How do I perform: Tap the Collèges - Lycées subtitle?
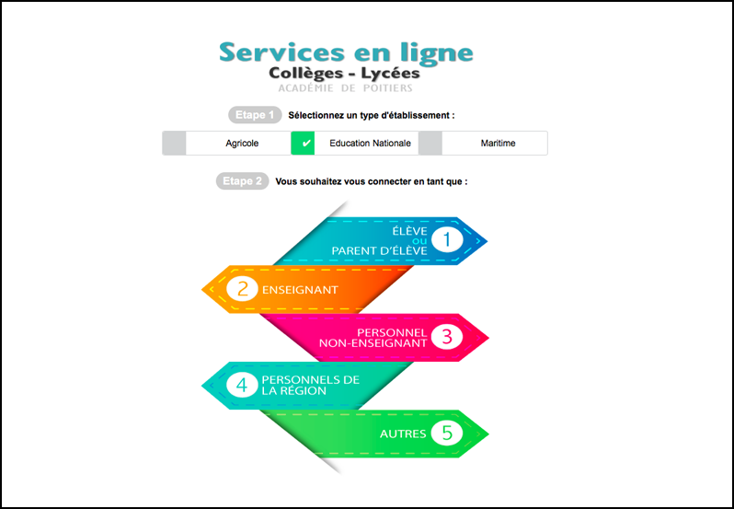(x=344, y=74)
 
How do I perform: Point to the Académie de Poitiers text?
(x=345, y=88)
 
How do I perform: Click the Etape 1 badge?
(x=255, y=115)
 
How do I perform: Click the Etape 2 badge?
(x=243, y=181)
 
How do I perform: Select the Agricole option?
(x=242, y=144)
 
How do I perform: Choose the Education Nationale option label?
(x=371, y=144)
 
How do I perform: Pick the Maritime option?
(x=499, y=144)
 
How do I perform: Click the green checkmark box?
(x=303, y=144)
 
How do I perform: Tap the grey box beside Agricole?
(x=174, y=144)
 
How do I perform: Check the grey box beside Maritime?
(x=430, y=144)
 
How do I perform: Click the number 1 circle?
(x=447, y=240)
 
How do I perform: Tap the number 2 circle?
(x=242, y=289)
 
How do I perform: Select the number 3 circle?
(x=447, y=337)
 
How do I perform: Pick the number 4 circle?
(x=242, y=385)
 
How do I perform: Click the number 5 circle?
(x=447, y=434)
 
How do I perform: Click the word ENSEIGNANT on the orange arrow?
(x=300, y=290)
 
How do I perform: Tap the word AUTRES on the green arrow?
(x=403, y=434)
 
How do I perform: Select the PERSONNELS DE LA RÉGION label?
(x=311, y=386)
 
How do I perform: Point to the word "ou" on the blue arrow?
(x=420, y=241)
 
